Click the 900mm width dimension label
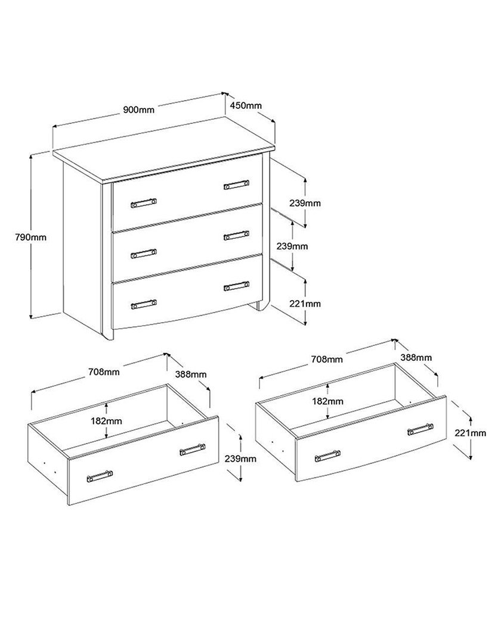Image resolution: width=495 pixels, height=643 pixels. coord(139,110)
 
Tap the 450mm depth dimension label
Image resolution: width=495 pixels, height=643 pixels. coord(245,105)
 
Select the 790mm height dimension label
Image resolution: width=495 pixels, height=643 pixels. coord(31,237)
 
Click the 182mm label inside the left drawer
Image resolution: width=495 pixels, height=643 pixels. coord(106,421)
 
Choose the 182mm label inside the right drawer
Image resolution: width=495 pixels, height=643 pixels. coord(327,401)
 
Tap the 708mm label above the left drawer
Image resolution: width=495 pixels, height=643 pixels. coord(104,372)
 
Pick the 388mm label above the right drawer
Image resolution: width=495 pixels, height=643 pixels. coord(416,358)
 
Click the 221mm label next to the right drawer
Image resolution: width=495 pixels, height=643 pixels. coord(470,433)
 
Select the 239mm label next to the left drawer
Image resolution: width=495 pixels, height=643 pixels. coord(240,458)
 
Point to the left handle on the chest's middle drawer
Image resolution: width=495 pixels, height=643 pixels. coord(143,254)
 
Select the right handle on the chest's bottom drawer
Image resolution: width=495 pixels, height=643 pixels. coord(237,286)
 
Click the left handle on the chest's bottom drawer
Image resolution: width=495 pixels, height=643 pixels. coord(143,304)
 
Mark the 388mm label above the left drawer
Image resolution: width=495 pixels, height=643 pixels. coord(191,374)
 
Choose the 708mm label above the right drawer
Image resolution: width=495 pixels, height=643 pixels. coord(327,359)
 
